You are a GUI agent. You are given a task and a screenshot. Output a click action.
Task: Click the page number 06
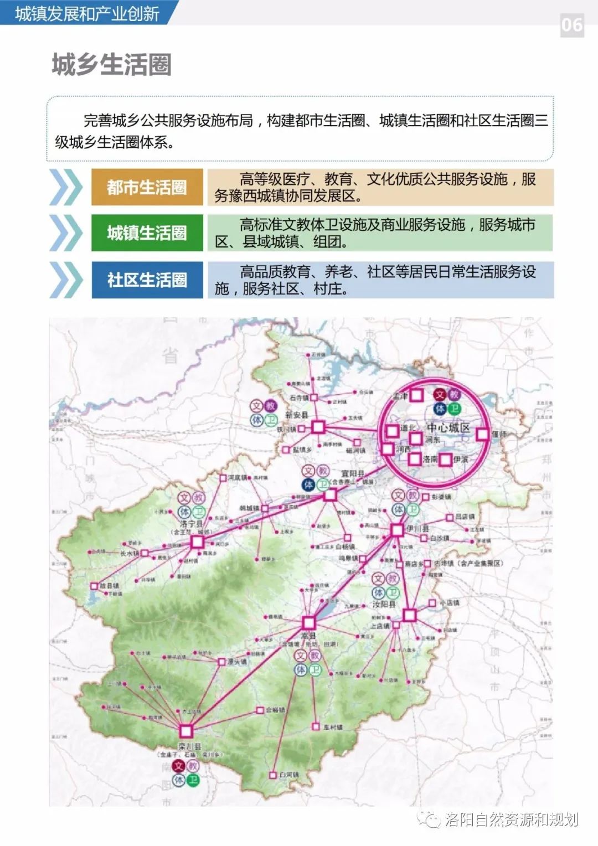point(572,25)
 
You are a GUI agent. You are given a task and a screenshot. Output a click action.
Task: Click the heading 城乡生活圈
point(111,64)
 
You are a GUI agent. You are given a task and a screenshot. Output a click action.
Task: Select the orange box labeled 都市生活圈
point(147,187)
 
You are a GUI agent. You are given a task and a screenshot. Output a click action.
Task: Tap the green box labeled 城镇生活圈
point(147,233)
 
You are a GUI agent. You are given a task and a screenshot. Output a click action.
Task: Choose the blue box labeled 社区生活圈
point(147,280)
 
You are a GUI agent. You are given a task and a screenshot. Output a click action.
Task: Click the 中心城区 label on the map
point(448,428)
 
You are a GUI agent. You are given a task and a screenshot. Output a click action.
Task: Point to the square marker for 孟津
point(416,395)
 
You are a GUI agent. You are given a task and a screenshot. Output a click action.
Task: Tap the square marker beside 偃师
point(482,434)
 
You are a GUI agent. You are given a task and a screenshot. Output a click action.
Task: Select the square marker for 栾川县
point(185,731)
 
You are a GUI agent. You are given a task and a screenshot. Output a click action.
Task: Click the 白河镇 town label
point(289,775)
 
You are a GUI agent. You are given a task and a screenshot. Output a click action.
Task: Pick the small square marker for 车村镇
point(316,726)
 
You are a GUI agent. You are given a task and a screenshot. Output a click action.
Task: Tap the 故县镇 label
point(111,585)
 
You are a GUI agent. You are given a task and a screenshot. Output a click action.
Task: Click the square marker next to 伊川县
point(396,530)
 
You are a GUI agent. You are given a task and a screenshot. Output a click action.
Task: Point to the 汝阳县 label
point(384,604)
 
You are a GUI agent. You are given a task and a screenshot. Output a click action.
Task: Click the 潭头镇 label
point(236,662)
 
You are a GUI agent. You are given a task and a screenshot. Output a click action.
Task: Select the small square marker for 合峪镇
point(260,710)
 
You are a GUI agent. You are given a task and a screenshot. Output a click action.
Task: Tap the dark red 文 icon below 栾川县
point(178,766)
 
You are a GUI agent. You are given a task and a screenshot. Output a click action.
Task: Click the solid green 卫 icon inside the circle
point(455,409)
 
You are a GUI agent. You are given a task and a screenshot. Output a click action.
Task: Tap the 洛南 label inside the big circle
point(430,459)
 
